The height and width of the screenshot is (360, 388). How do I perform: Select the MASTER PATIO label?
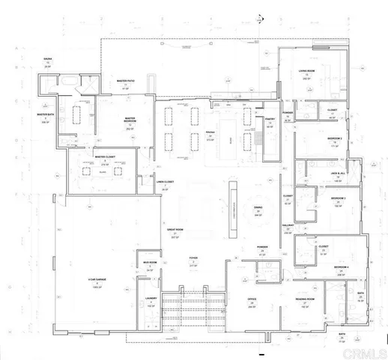point(125,81)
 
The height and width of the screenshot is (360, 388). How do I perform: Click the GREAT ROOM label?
point(175,229)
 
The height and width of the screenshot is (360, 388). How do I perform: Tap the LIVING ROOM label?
point(306,71)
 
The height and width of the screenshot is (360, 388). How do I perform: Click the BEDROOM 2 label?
point(336,139)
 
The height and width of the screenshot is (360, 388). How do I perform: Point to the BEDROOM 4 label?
point(341,267)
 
